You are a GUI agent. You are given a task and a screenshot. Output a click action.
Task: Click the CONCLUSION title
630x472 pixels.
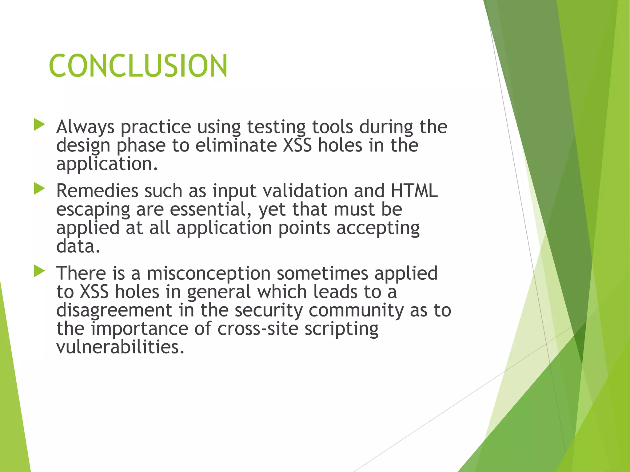(138, 66)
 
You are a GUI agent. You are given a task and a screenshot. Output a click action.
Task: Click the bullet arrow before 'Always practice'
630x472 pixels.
(39, 125)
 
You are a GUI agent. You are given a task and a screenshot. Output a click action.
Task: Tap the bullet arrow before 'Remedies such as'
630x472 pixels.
(39, 189)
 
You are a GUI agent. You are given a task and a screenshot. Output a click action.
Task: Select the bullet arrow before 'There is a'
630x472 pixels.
(39, 271)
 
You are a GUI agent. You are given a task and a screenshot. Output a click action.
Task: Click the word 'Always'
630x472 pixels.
(85, 127)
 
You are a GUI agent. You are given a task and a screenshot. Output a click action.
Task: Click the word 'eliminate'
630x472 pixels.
(236, 145)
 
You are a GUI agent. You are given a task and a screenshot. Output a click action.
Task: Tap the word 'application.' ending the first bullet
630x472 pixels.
(107, 164)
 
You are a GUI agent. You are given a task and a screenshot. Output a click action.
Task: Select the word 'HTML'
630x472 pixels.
(414, 191)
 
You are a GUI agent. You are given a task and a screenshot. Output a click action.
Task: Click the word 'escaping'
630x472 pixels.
(93, 210)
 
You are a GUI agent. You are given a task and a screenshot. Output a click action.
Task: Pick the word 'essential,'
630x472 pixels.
(211, 210)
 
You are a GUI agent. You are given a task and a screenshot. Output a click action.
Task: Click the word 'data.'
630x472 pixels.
(78, 246)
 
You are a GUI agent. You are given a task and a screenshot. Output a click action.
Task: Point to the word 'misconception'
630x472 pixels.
(208, 273)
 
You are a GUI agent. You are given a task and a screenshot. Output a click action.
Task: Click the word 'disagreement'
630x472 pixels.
(114, 310)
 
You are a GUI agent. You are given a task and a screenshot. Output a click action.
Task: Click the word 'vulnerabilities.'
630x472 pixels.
(120, 347)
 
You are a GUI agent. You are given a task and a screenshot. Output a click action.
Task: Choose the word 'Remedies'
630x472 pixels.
(97, 191)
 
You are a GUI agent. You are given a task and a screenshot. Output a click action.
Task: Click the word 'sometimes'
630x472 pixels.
(322, 273)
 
